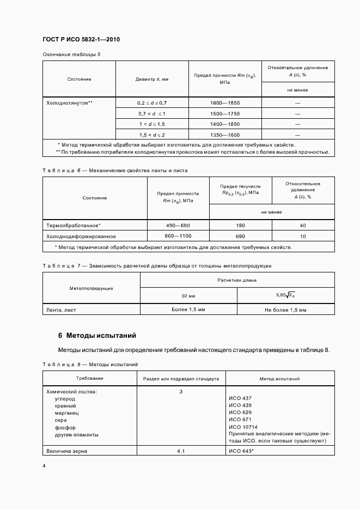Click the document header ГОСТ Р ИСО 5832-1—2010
[x=81, y=40]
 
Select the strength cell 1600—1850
[x=224, y=102]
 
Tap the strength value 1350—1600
[x=224, y=134]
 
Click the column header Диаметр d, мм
[x=152, y=79]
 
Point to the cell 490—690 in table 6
[x=178, y=226]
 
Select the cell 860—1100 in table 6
[x=178, y=236]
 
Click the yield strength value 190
[x=240, y=226]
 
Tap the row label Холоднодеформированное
[x=81, y=236]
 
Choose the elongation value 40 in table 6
[x=302, y=226]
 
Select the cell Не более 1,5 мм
[x=285, y=310]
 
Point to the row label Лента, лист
[x=61, y=310]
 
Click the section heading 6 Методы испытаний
[x=97, y=335]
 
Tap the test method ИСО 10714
[x=243, y=427]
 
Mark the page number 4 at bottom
[x=44, y=466]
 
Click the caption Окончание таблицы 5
[x=71, y=54]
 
